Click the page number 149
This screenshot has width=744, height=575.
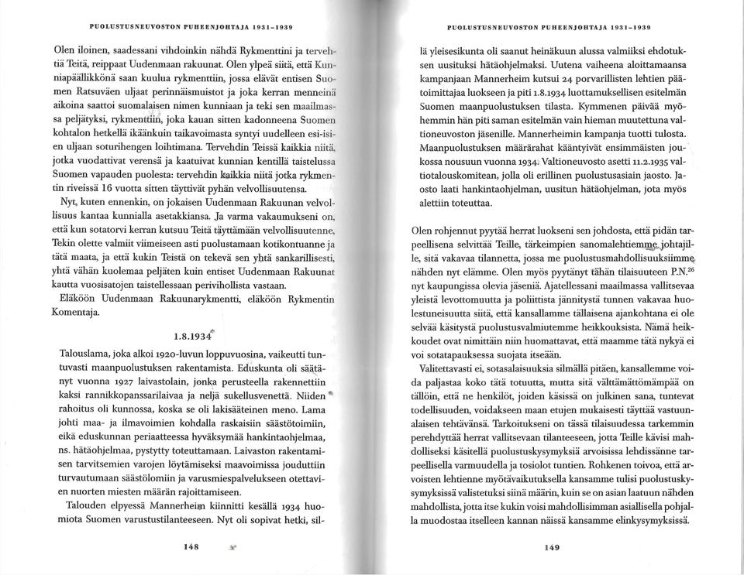[x=552, y=547]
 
